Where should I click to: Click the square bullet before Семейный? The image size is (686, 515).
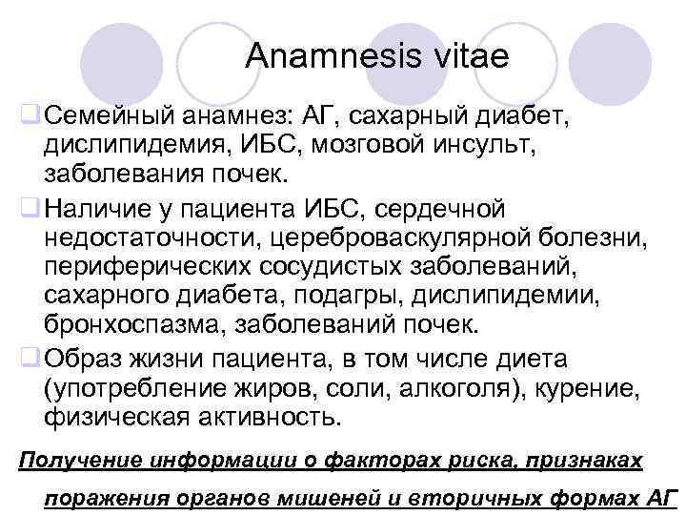(30, 118)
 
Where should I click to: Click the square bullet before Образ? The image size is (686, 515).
(30, 359)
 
